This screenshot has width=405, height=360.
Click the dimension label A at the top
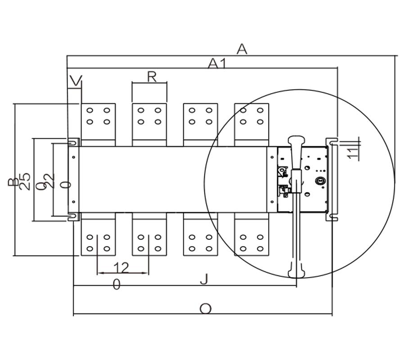(x=242, y=49)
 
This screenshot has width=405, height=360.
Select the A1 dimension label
(x=217, y=64)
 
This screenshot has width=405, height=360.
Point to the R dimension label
(x=151, y=77)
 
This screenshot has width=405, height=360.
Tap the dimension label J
(x=204, y=279)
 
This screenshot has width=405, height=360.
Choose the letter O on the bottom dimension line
(x=205, y=308)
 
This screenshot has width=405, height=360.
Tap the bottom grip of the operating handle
(x=296, y=270)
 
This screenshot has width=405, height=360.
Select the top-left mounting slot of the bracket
(x=72, y=142)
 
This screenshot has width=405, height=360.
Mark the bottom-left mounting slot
(x=72, y=217)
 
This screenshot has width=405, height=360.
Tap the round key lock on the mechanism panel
(x=320, y=181)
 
